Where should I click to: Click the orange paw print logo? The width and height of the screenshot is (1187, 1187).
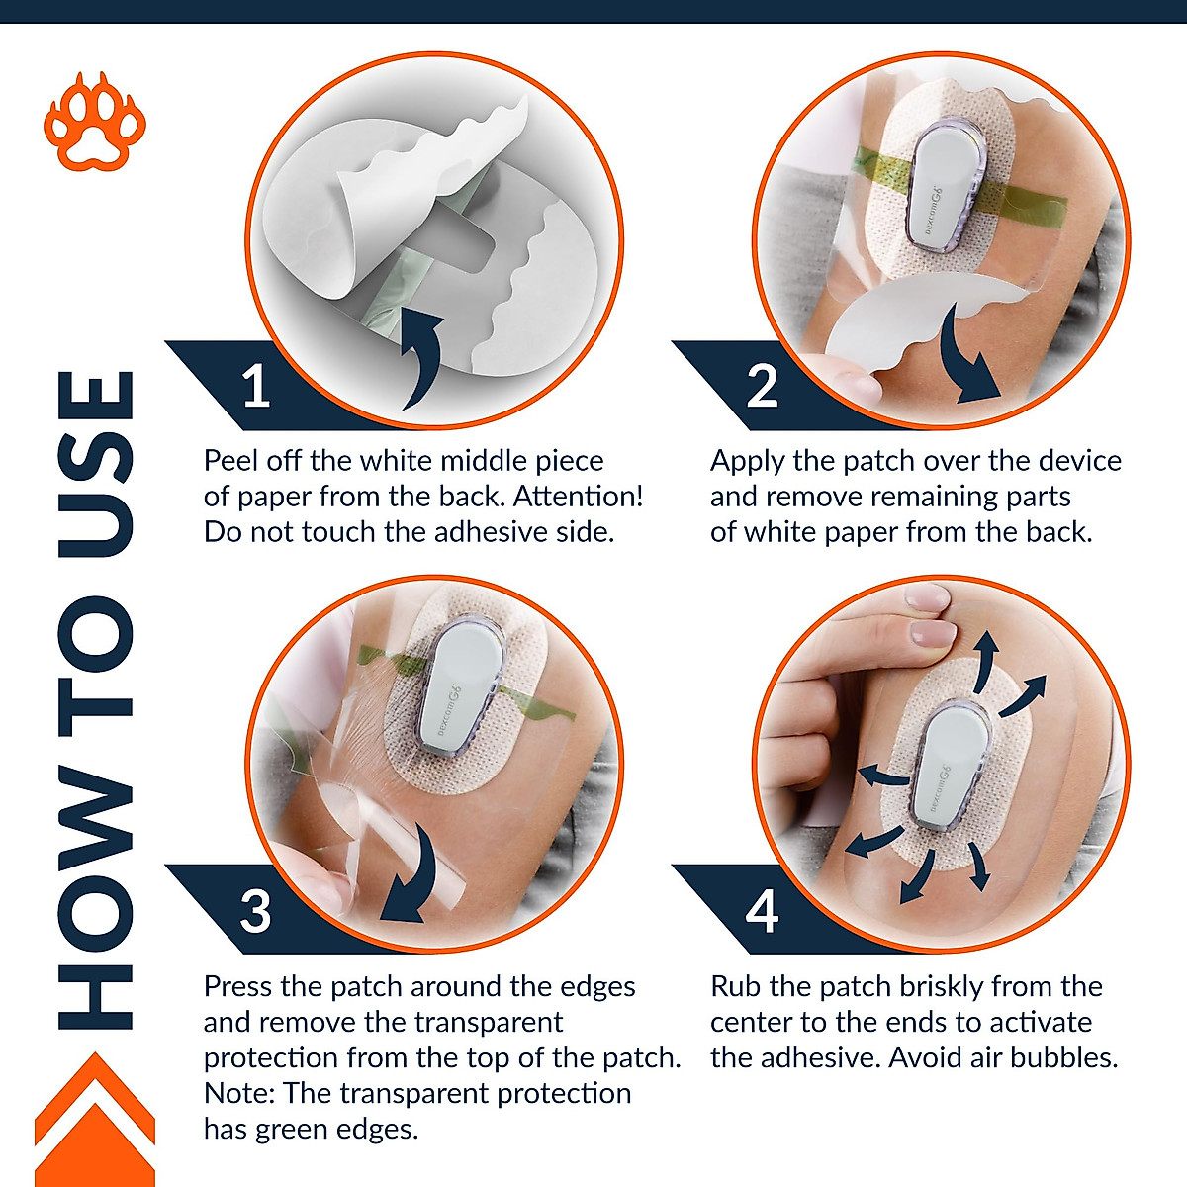(x=95, y=123)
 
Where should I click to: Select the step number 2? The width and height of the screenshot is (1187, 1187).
(x=762, y=386)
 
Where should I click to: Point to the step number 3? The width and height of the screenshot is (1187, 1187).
(x=255, y=911)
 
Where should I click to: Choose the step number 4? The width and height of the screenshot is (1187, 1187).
(x=762, y=911)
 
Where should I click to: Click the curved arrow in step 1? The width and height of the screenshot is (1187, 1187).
(x=425, y=357)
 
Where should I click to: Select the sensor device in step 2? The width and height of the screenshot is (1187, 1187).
(x=945, y=186)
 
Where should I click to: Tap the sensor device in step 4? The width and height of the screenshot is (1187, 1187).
(x=951, y=767)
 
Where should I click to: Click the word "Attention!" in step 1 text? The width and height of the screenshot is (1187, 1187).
(x=578, y=497)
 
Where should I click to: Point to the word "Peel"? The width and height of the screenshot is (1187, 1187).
(x=231, y=461)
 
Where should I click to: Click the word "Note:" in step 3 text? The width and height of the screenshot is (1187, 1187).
(x=238, y=1094)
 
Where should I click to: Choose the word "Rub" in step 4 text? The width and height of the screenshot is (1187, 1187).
(x=735, y=987)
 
